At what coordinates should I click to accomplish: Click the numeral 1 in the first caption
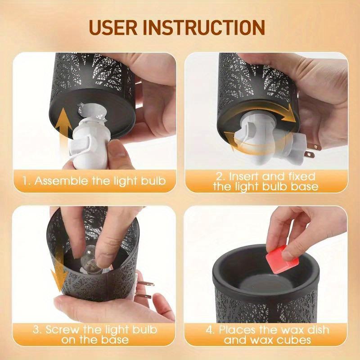26,181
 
